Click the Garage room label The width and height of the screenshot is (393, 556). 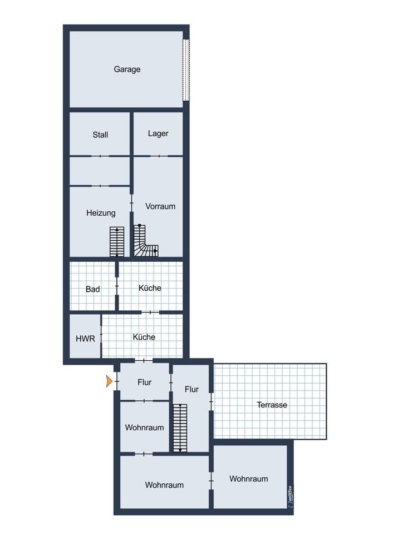click(127, 69)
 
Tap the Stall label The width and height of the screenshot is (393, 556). click(100, 135)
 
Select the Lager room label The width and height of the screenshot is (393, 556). click(158, 133)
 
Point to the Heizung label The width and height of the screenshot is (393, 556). click(101, 213)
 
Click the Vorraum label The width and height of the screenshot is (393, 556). click(160, 206)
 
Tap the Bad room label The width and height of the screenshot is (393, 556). click(92, 289)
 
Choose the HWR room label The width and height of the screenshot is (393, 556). click(85, 339)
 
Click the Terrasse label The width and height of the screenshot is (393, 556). click(272, 405)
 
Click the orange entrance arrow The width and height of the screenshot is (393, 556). click(109, 381)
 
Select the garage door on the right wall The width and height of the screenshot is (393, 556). click(186, 70)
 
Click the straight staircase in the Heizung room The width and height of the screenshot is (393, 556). click(117, 241)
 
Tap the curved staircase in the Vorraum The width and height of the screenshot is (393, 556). click(145, 241)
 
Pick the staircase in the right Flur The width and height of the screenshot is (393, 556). click(180, 428)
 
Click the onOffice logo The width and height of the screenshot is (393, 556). click(291, 497)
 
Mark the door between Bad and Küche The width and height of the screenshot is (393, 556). click(117, 286)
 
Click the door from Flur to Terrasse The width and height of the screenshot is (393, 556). click(211, 402)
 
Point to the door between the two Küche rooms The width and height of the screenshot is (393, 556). click(150, 312)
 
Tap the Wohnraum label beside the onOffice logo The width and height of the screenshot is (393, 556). click(248, 479)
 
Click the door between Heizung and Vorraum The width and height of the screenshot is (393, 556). click(132, 203)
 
